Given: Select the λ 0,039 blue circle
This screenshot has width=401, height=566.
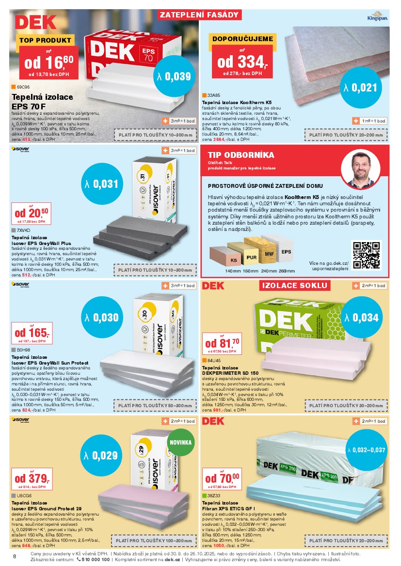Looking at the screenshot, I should coord(175,76).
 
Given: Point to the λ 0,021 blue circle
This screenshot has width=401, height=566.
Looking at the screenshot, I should coord(360,88).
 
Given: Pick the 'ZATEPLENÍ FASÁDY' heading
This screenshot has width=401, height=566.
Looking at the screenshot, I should coord(199,15).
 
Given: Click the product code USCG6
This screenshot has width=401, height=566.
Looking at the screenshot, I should coord(24,496).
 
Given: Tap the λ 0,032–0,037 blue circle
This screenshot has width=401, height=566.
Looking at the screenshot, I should coord(367,450).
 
